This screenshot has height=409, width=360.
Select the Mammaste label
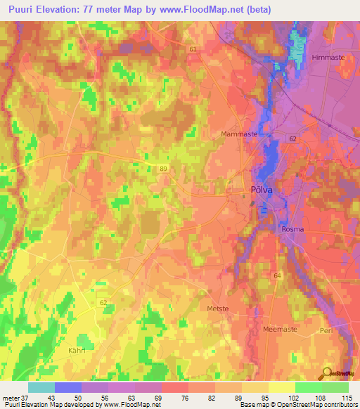(239, 134)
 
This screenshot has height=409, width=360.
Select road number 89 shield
(163, 169)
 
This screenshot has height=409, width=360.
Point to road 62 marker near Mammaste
(292, 139)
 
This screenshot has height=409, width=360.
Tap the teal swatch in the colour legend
(41, 387)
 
